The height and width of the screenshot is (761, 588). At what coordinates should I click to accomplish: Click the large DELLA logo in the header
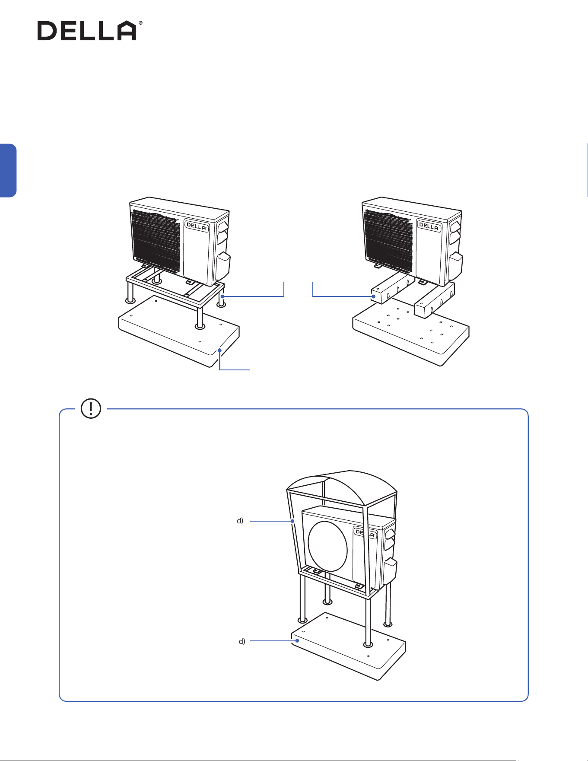[87, 31]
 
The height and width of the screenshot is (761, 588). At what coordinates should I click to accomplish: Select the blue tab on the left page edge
[8, 171]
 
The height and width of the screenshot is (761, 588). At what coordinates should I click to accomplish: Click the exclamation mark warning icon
[91, 408]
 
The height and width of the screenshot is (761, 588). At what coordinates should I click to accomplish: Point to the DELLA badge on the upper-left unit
[197, 226]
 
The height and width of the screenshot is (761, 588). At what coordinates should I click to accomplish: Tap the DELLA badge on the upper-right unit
[429, 226]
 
